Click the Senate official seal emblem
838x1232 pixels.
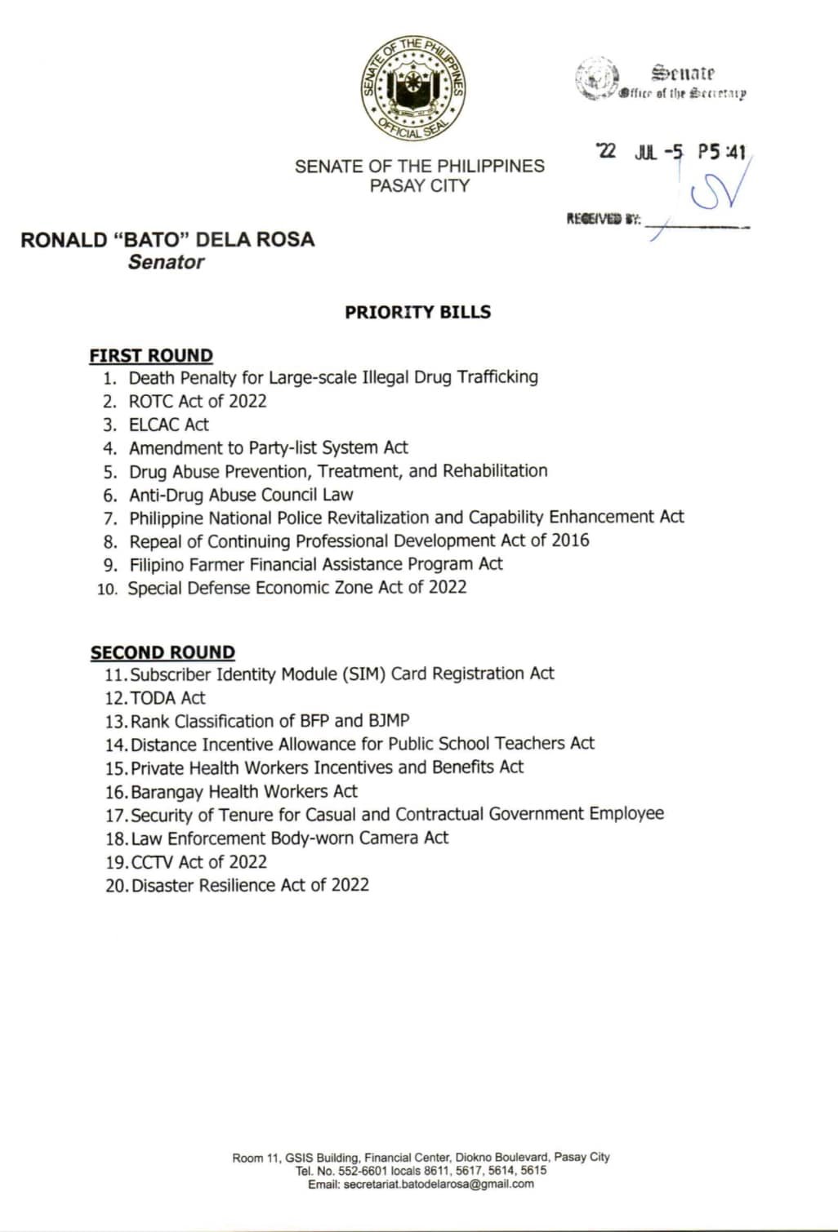414,88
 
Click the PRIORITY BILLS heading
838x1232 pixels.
417,312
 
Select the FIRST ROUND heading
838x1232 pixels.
151,356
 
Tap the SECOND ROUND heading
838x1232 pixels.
163,652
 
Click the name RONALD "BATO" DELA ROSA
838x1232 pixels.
167,239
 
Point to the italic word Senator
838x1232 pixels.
166,262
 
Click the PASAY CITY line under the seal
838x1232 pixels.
419,186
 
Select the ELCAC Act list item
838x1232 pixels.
168,425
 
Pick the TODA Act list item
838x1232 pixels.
167,698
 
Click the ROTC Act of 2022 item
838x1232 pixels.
197,401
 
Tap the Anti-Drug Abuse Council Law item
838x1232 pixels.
241,495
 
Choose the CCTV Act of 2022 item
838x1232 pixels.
198,862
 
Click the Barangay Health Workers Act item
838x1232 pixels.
243,791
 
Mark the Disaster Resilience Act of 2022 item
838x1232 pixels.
250,885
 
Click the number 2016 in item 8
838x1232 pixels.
570,540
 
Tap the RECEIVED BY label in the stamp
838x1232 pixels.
604,219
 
